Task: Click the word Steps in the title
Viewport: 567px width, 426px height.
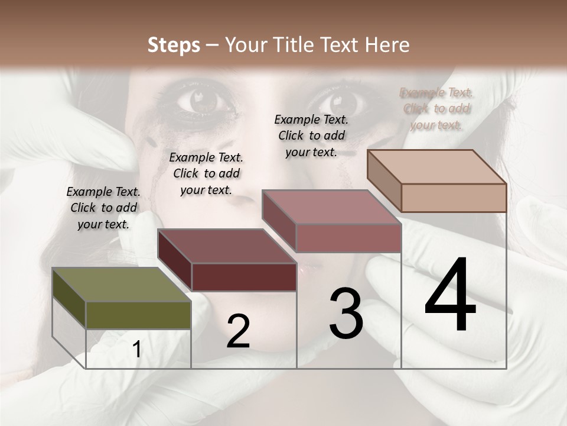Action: point(174,45)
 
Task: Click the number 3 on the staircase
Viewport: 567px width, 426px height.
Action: point(346,314)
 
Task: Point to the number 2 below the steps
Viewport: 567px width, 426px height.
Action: point(239,331)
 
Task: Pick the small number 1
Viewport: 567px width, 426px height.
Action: point(137,350)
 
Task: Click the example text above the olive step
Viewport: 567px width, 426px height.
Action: point(103,208)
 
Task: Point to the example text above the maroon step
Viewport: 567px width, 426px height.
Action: point(206,173)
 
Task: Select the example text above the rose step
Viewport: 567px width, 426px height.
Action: point(311,135)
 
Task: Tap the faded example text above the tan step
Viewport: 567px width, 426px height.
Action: point(436,108)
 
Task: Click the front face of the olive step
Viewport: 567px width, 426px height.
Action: point(139,315)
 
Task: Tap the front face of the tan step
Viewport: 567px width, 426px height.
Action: point(454,198)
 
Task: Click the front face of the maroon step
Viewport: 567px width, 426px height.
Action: point(244,277)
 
